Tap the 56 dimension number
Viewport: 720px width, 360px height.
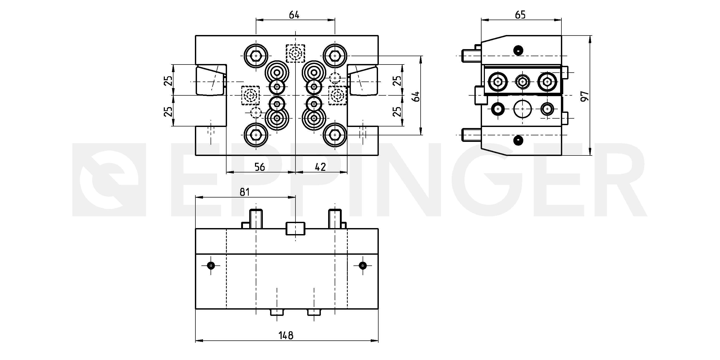259,167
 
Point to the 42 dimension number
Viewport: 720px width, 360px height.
320,167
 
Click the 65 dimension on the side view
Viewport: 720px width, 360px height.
520,15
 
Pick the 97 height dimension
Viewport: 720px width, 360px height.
585,96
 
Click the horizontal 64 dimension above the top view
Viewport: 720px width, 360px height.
294,15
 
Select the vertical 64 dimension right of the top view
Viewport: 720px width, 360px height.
416,96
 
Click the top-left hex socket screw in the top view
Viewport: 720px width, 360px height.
256,56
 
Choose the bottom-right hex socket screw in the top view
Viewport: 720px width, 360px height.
335,135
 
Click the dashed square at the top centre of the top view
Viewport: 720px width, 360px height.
295,53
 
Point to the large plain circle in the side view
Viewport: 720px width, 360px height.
522,109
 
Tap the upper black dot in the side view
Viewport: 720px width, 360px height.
519,50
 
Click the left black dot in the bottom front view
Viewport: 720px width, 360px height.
211,265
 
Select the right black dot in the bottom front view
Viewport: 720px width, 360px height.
363,265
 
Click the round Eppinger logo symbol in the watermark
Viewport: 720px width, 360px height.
109,180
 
